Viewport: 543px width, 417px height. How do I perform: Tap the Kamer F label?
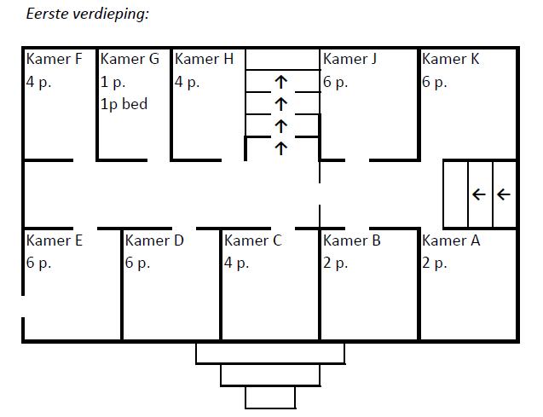click(55, 59)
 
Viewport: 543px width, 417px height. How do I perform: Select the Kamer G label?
click(130, 59)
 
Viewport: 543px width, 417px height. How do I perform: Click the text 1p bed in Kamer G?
click(124, 104)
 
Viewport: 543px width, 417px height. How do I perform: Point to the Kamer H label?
click(204, 59)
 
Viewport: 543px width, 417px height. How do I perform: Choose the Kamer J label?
click(350, 59)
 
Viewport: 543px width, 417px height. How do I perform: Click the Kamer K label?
click(451, 59)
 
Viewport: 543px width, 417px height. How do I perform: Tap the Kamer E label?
click(55, 240)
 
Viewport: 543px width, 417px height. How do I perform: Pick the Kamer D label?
click(154, 240)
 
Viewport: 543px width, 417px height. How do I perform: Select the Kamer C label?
click(252, 240)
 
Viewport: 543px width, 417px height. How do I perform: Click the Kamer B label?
click(352, 240)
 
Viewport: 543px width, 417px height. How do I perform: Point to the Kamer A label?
click(451, 240)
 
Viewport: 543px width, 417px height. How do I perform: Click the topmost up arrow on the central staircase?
click(280, 82)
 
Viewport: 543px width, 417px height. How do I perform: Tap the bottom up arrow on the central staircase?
click(280, 148)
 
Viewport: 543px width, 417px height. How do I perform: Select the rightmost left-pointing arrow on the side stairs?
click(503, 194)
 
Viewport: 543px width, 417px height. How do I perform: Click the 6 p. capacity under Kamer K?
click(435, 83)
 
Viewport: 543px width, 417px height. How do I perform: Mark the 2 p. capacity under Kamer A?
click(435, 264)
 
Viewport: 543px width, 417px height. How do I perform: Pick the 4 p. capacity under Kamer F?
click(39, 83)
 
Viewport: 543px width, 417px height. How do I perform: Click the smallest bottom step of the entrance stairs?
click(270, 397)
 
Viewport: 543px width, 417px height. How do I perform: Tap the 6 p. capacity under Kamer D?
click(138, 264)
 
